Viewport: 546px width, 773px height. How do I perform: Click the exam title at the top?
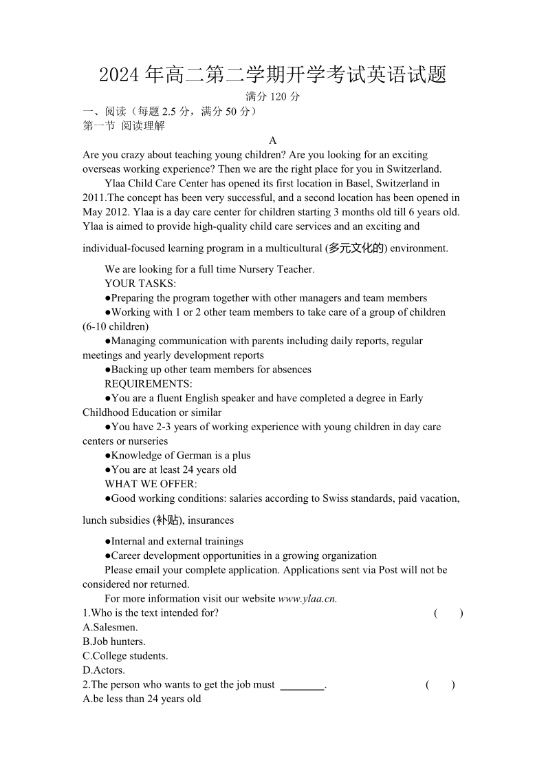tap(273, 74)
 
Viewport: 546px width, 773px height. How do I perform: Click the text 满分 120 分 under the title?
tap(273, 97)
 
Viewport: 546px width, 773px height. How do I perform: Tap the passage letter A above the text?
tap(273, 140)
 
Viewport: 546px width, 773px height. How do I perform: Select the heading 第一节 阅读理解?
tap(124, 126)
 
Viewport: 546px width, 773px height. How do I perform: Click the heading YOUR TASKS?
tap(140, 284)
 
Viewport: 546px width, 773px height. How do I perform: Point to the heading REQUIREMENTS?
tap(149, 383)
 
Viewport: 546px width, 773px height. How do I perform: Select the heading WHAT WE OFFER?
tap(151, 484)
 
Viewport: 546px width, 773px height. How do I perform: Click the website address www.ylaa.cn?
tap(307, 599)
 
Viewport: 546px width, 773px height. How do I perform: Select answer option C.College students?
tap(125, 656)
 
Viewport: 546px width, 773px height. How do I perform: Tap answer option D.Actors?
tap(104, 670)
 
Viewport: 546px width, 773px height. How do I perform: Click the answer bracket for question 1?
tap(448, 613)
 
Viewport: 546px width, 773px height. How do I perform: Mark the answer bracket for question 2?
tap(440, 685)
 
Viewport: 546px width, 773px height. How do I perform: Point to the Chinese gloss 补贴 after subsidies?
tap(168, 520)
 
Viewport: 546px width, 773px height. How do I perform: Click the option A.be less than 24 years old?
tap(142, 699)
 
